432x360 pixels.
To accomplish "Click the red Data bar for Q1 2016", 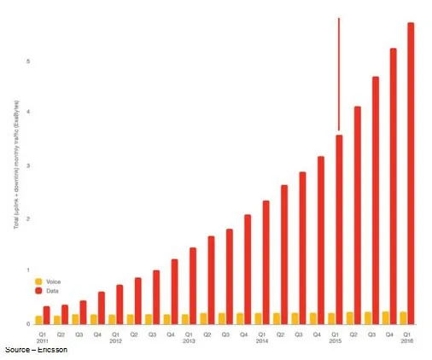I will tap(411, 171).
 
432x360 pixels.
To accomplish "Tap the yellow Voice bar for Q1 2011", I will tap(38, 320).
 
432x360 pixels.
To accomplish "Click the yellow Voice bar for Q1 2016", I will tap(402, 317).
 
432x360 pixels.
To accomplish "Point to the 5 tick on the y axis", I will tap(27, 61).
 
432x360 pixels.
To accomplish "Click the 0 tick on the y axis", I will tap(27, 324).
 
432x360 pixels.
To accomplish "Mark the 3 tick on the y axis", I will tap(27, 165).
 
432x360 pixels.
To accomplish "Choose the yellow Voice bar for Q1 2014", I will tap(257, 318).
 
